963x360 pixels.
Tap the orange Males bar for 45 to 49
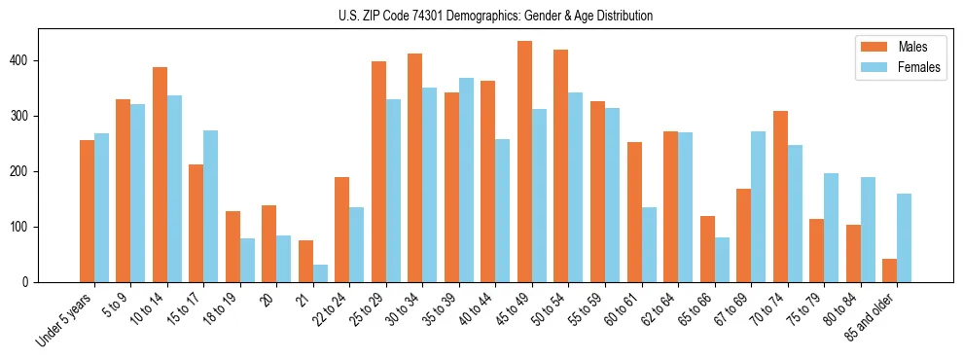pyautogui.click(x=524, y=162)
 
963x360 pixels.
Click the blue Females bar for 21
pyautogui.click(x=320, y=273)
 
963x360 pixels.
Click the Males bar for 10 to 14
pyautogui.click(x=160, y=175)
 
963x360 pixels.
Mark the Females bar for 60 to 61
pyautogui.click(x=649, y=244)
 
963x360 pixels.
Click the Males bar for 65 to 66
pyautogui.click(x=707, y=249)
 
